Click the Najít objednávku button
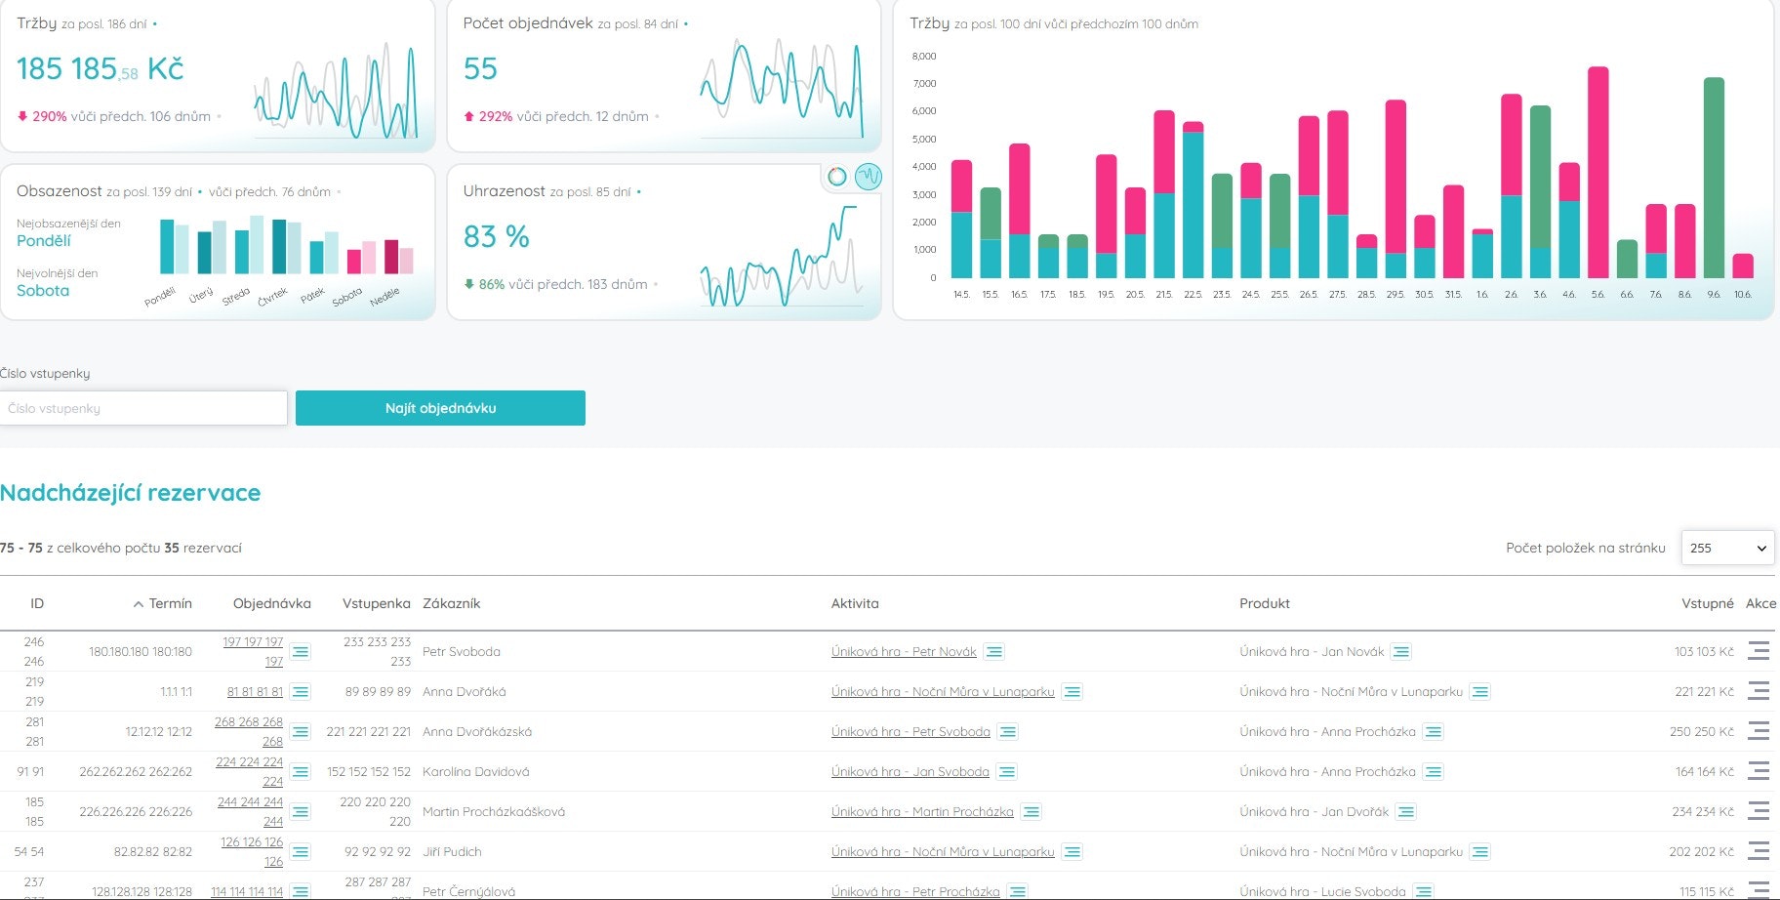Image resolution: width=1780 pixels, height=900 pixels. (x=440, y=408)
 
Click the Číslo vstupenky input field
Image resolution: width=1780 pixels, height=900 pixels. (x=144, y=408)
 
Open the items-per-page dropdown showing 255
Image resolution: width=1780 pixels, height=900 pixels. (x=1726, y=548)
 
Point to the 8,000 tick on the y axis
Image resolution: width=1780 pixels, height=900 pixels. (x=923, y=57)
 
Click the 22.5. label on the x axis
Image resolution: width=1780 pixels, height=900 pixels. (x=1193, y=294)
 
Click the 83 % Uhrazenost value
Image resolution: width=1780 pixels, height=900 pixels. (x=496, y=236)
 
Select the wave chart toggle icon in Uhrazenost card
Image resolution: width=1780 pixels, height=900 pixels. (x=868, y=177)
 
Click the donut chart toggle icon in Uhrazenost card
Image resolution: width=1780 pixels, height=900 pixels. (x=836, y=177)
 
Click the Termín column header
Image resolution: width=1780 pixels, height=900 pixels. (x=170, y=603)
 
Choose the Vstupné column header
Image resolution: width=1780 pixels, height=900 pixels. (x=1707, y=603)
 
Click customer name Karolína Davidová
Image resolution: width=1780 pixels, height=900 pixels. (x=475, y=771)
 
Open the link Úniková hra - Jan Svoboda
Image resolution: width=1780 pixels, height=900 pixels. (x=910, y=771)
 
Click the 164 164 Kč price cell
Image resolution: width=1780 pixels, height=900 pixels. (x=1704, y=771)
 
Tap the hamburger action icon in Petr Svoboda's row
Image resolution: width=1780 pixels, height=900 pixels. (x=1759, y=651)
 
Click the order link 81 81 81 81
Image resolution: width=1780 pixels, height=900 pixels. (x=255, y=691)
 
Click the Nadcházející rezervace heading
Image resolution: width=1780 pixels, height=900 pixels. (x=131, y=493)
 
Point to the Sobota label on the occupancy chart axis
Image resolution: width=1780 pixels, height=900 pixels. (x=347, y=296)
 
